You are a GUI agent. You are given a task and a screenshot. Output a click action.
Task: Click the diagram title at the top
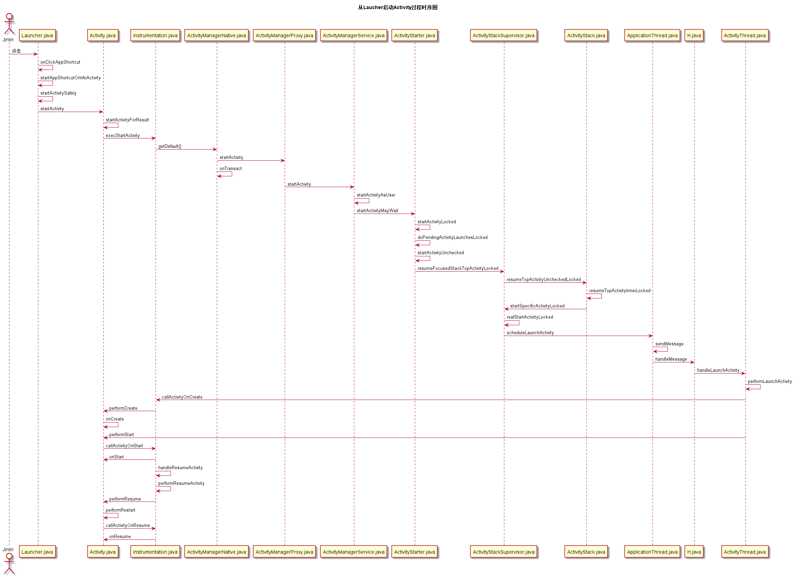click(x=397, y=7)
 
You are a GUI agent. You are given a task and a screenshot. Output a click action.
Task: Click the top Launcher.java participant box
click(x=37, y=35)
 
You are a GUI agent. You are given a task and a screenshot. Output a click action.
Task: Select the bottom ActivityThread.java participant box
click(x=744, y=552)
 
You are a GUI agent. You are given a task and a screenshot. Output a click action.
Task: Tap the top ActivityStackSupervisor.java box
click(x=503, y=35)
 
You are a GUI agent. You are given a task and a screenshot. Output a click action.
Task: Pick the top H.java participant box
click(x=694, y=35)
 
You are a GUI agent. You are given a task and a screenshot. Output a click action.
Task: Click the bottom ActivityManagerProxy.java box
click(x=284, y=552)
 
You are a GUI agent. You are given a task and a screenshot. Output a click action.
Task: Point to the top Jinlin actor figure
click(x=9, y=24)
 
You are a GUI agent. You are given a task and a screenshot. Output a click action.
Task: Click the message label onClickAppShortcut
click(x=60, y=62)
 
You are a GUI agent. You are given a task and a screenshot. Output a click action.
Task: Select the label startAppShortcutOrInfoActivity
click(x=70, y=78)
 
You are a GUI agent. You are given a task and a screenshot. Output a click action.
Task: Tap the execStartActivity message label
click(x=123, y=135)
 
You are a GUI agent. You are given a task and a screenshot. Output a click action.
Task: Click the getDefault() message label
click(x=170, y=146)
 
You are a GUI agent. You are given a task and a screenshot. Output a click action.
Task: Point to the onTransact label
click(x=231, y=168)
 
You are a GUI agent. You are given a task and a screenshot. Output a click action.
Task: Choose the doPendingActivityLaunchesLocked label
click(x=452, y=238)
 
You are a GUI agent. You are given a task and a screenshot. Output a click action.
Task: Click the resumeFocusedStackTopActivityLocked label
click(x=458, y=269)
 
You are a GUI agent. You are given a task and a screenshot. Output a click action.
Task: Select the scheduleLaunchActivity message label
click(x=530, y=332)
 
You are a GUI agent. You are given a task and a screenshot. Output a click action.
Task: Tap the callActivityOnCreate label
click(x=182, y=397)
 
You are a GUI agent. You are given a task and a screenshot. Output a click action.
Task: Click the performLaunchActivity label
click(x=770, y=381)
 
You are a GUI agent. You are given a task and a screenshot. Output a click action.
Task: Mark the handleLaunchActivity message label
click(x=718, y=370)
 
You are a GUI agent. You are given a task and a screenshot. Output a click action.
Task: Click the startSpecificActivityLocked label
click(x=537, y=306)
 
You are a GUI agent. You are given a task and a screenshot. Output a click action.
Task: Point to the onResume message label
click(x=120, y=536)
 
